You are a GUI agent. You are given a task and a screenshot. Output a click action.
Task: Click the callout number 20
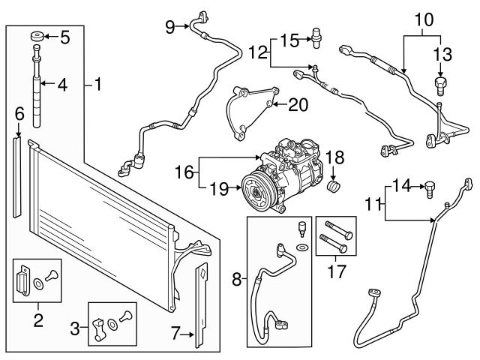click(298, 105)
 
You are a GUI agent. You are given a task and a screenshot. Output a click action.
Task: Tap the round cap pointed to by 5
click(37, 37)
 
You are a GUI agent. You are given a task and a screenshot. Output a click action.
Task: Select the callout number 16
click(184, 172)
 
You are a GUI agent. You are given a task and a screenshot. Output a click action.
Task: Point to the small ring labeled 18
click(334, 187)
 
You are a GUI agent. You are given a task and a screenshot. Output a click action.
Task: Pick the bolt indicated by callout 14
click(430, 190)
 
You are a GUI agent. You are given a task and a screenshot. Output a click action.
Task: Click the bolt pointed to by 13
click(440, 86)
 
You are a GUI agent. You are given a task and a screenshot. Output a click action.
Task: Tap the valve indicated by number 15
click(316, 37)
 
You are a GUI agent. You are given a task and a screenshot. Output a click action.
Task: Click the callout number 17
click(337, 271)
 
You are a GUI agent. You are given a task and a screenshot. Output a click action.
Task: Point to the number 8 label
click(237, 279)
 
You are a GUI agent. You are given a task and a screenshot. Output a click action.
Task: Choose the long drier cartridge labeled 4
click(37, 86)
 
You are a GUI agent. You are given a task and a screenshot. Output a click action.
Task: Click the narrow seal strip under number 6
click(16, 178)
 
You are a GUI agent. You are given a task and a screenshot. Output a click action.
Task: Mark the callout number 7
click(175, 334)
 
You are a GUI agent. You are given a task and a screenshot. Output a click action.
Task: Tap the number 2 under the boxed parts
click(38, 320)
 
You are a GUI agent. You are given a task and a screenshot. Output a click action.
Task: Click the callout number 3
click(75, 329)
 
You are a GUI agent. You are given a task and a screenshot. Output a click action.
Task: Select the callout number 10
click(424, 19)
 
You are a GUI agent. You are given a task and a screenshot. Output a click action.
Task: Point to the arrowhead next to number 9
click(187, 27)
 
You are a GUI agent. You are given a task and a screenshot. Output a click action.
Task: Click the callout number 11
click(373, 204)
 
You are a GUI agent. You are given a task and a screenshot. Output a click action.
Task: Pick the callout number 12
click(258, 52)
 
